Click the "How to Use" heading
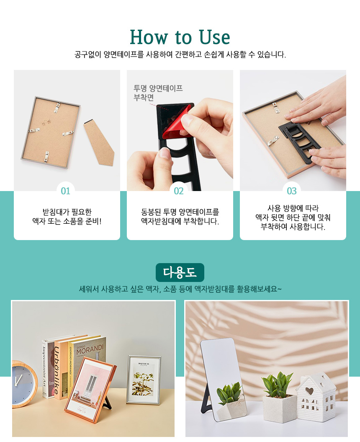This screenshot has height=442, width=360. coord(180,37)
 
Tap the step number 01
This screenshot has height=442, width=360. coord(65,191)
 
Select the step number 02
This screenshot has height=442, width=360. coord(179,191)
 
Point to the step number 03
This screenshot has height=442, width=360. coord(291,191)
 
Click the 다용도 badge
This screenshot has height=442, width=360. coord(180,273)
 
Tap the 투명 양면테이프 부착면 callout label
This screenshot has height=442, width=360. coord(158,93)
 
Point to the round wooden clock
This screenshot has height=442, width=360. coord(24,384)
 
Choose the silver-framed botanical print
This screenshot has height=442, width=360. coord(144,380)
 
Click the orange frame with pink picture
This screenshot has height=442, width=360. coord(90,389)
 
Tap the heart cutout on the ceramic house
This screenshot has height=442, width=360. coord(309,391)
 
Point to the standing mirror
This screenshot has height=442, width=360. coord(223,379)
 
